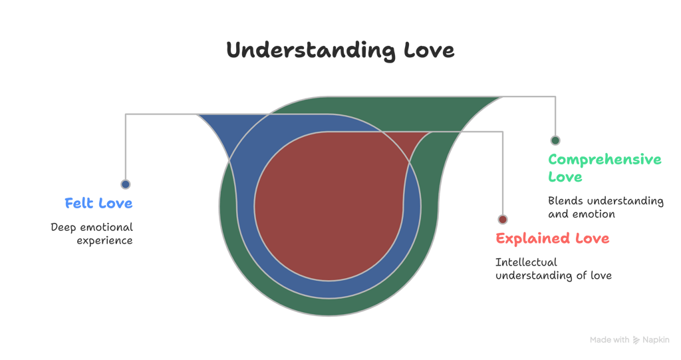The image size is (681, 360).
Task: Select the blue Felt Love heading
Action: click(98, 203)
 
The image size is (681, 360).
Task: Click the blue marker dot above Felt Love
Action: click(125, 184)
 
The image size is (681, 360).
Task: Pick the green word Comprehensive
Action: click(605, 160)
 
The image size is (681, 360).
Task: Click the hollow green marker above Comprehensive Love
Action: click(555, 140)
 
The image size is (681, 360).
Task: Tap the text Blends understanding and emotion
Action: click(605, 207)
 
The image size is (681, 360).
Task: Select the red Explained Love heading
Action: click(552, 238)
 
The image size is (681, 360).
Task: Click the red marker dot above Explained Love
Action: click(503, 220)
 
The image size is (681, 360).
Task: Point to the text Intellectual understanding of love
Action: click(553, 269)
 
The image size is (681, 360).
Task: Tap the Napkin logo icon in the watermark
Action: click(636, 340)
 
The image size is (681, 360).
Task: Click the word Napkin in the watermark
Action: click(656, 340)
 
